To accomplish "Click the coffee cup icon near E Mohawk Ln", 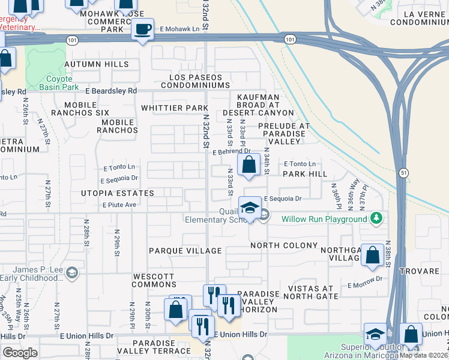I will [x=143, y=30].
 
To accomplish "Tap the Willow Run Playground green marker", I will [x=376, y=218].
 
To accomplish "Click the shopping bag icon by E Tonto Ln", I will [x=249, y=164].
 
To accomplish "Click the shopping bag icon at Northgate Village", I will [x=373, y=255].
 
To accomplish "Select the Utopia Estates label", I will [x=118, y=193].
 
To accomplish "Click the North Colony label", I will [x=284, y=245].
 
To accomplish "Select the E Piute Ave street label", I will [x=119, y=205].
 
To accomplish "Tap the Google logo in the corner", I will [x=20, y=353].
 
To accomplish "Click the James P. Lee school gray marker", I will [x=71, y=274].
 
